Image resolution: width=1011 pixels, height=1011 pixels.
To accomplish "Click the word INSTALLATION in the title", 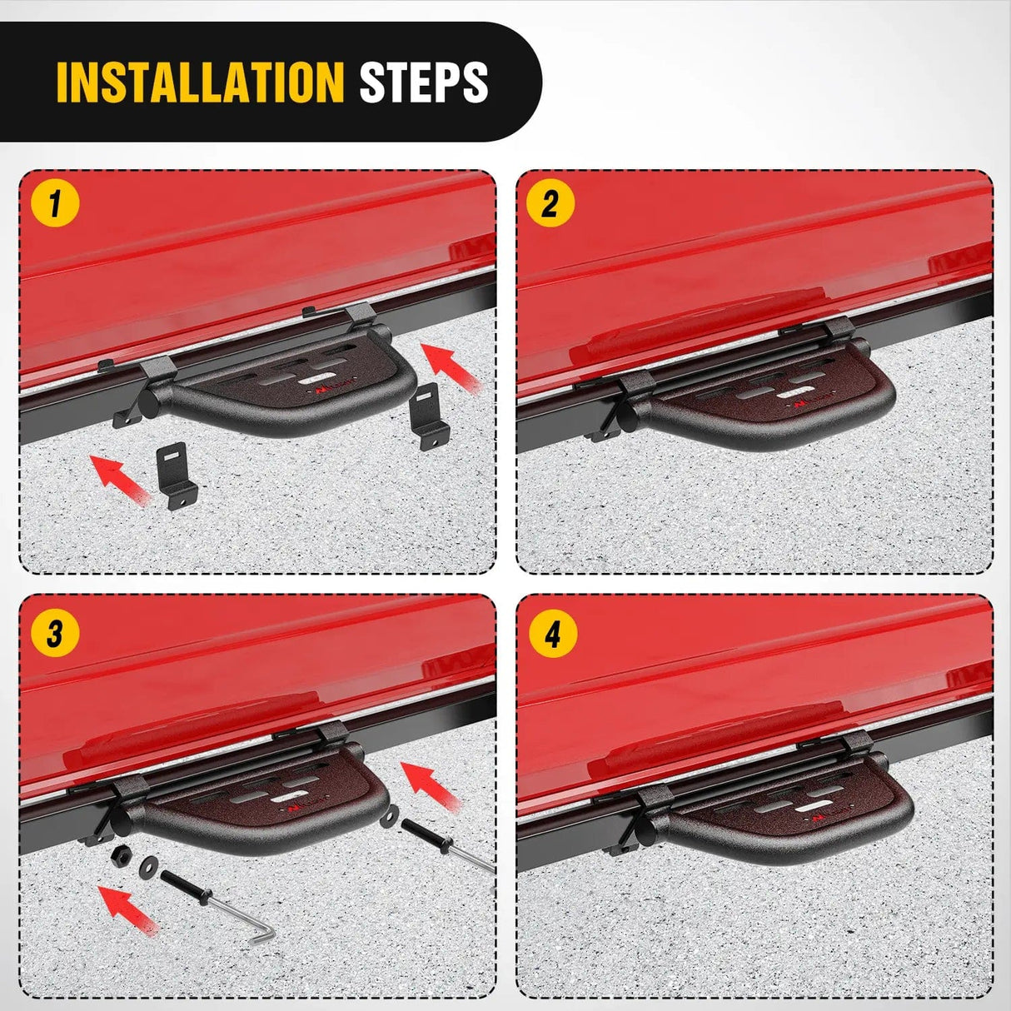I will coord(200,82).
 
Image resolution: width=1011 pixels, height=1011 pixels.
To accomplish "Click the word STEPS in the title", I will coord(423,82).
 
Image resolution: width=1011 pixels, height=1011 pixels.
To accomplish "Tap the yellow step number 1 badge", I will coord(55,203).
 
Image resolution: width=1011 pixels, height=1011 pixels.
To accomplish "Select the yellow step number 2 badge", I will coord(550,203).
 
